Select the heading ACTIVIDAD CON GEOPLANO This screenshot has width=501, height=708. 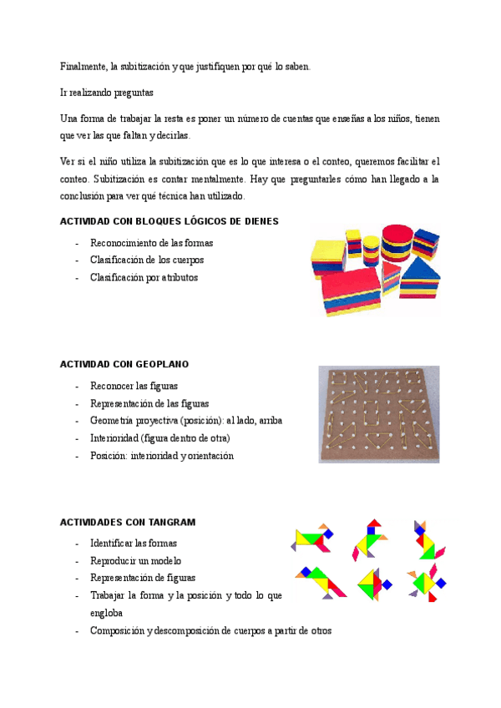coord(124,364)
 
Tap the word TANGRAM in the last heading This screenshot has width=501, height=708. coord(174,522)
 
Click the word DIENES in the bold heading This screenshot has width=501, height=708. coord(257,221)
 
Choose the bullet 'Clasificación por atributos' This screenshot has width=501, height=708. coord(144,277)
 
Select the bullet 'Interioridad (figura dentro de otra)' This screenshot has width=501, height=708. coord(160,438)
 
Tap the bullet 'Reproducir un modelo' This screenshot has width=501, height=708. coord(135,560)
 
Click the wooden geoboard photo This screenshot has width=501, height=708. coord(378,413)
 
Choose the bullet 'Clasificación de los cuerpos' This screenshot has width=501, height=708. coord(147,260)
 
